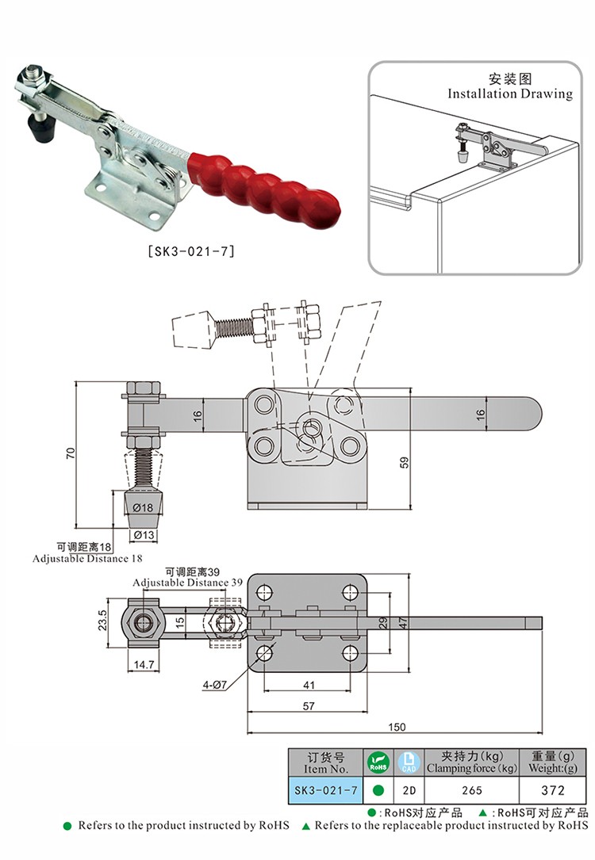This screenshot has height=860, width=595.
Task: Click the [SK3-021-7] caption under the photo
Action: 191,253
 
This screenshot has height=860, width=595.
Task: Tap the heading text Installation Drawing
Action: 509,94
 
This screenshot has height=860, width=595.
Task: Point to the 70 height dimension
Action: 71,453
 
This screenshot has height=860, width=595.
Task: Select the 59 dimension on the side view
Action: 404,462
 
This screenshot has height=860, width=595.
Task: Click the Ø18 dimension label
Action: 143,507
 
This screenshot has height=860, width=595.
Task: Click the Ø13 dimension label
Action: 144,535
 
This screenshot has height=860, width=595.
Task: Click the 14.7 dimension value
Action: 144,664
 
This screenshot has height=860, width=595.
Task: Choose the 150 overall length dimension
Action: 396,727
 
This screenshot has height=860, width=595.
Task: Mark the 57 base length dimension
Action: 309,705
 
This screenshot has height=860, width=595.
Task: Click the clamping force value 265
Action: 471,789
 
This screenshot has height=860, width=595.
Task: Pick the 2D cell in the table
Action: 409,789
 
